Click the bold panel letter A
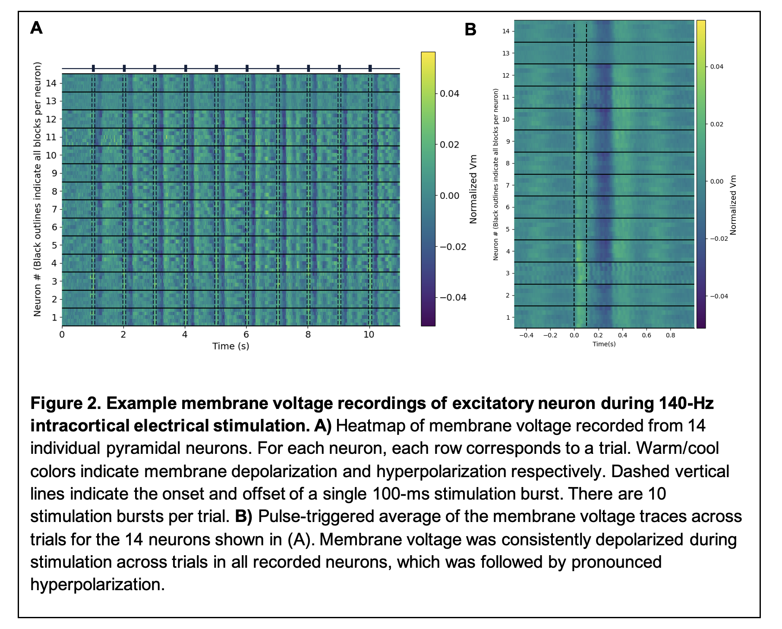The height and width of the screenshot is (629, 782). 37,28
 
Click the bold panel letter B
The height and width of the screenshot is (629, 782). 470,30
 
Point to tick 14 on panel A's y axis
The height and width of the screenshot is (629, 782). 51,83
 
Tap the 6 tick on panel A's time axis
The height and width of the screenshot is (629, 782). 246,335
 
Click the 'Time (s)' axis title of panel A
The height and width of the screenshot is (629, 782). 230,346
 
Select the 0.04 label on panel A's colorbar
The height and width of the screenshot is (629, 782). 449,94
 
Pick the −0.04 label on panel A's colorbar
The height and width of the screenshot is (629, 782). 452,298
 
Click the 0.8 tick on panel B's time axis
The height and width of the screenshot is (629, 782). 670,335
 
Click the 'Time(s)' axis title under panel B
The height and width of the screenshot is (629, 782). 604,344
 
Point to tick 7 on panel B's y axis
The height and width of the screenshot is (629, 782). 508,186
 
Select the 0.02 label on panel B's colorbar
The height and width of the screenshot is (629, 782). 717,124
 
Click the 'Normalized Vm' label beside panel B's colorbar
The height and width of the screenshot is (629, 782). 732,205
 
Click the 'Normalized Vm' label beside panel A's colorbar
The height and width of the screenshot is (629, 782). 473,189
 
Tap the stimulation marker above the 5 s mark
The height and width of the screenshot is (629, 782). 216,68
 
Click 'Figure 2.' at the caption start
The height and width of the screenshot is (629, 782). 66,403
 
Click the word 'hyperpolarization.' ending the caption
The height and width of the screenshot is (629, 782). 98,585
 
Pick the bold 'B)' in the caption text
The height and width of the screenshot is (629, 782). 243,516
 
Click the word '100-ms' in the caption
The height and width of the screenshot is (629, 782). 400,494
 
